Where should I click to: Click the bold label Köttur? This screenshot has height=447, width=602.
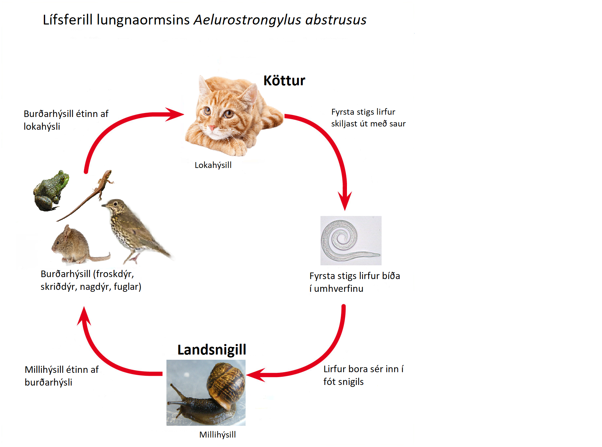pyautogui.click(x=284, y=80)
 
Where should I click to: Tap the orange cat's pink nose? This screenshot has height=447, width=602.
pyautogui.click(x=212, y=127)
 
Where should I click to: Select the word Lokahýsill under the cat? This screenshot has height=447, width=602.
pyautogui.click(x=213, y=165)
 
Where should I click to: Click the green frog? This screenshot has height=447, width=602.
pyautogui.click(x=51, y=190)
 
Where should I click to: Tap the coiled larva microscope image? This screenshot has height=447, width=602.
pyautogui.click(x=351, y=240)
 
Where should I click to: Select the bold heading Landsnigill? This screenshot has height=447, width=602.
pyautogui.click(x=212, y=350)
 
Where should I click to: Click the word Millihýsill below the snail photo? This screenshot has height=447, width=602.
pyautogui.click(x=217, y=435)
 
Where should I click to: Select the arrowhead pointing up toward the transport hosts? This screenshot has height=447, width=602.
pyautogui.click(x=84, y=316)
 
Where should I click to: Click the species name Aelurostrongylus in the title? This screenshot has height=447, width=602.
pyautogui.click(x=247, y=20)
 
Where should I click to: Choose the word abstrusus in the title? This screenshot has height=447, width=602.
pyautogui.click(x=336, y=20)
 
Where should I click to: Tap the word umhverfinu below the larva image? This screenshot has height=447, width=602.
pyautogui.click(x=338, y=289)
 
